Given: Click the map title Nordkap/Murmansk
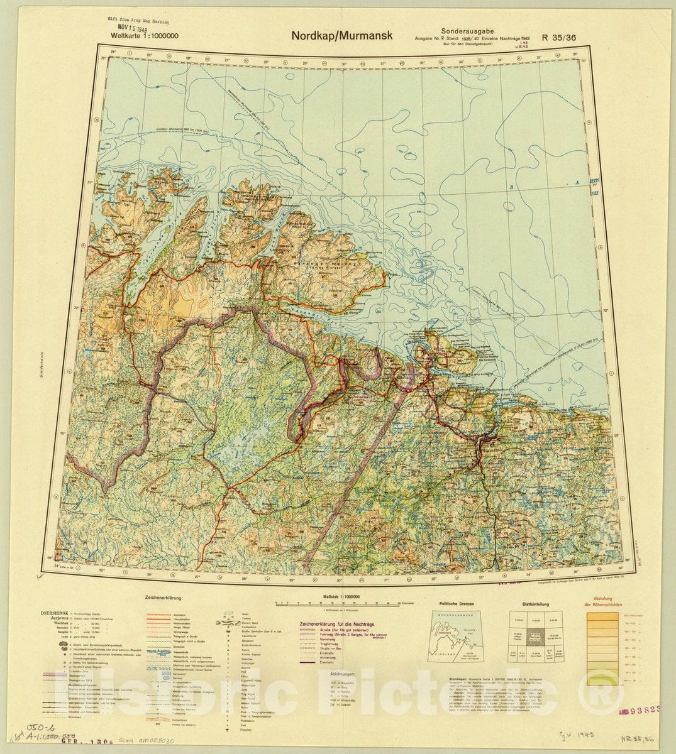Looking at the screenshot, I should [341, 35].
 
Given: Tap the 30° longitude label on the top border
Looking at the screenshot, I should [344, 63].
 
